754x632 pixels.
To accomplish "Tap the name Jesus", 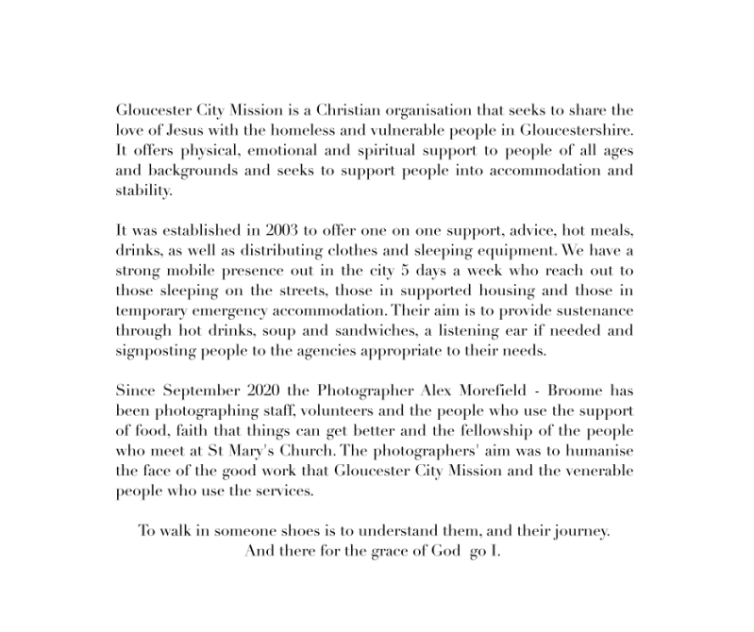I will tap(176, 130).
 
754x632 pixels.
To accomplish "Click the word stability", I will tap(144, 191).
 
